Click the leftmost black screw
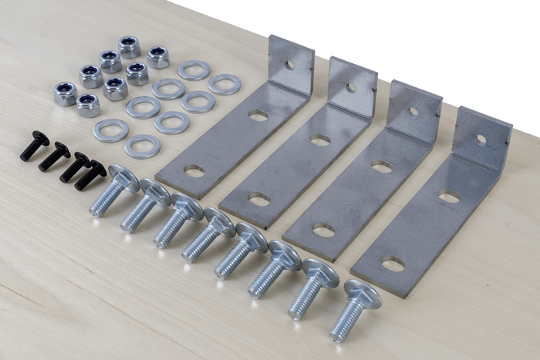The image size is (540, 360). point(34,146)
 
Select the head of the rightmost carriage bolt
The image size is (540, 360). point(362,293)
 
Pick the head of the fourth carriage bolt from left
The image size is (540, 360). point(219,223)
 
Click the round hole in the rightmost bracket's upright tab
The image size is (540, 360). point(481,140)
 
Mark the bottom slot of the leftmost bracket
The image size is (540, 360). point(194,171)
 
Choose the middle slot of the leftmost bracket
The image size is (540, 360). point(258,116)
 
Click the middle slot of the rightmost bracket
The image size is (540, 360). point(448,198)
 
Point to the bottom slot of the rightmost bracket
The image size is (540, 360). point(393,264)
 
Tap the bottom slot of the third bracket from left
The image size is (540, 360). point(323,230)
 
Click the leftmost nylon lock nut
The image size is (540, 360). point(65,93)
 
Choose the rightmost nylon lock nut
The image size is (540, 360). point(158,56)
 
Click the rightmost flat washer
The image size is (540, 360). point(224,84)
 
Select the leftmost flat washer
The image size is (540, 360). point(110,130)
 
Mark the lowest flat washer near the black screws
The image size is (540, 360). point(142,145)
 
